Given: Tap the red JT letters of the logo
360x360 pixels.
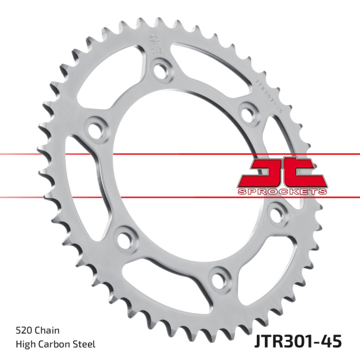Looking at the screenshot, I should pos(282,173).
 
